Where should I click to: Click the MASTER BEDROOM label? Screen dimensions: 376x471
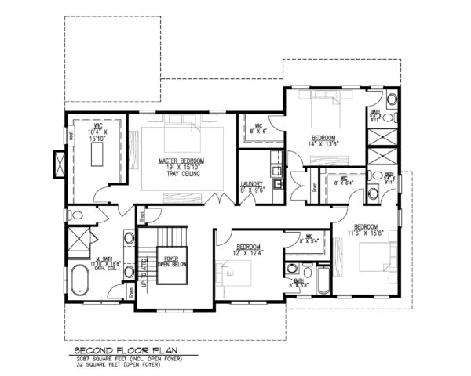[x=181, y=161]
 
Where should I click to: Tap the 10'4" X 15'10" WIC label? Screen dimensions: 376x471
[x=98, y=134]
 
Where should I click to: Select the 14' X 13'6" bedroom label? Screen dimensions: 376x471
[x=324, y=139]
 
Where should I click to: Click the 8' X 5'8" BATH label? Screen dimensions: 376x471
[x=299, y=284]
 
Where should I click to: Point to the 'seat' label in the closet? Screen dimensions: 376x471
[x=70, y=132]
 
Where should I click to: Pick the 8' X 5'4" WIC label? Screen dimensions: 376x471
[x=308, y=239]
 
